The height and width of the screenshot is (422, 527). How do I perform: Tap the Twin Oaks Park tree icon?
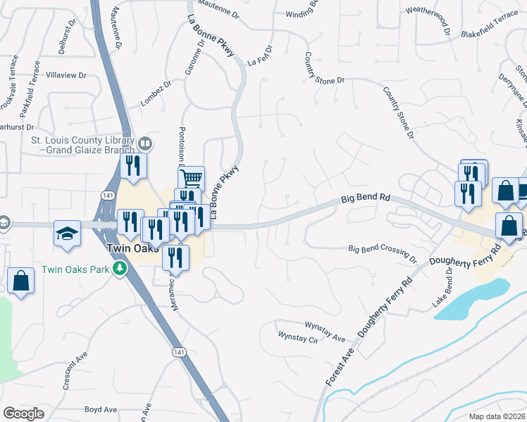120,268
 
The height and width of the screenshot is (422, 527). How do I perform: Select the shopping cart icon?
191,177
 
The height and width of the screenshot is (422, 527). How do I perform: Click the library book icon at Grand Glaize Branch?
144,144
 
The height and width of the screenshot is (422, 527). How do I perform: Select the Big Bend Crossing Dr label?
383,249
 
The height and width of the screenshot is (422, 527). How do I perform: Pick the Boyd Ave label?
100,409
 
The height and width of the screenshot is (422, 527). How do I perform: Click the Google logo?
23,413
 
